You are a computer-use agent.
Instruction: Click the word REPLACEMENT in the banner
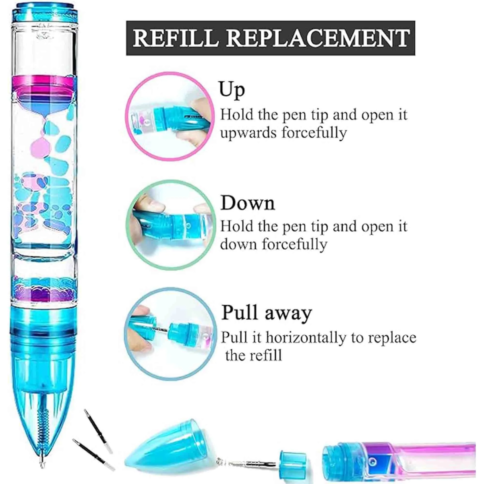click(318, 38)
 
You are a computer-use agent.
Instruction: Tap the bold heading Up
click(232, 90)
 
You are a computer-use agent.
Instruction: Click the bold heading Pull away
click(266, 313)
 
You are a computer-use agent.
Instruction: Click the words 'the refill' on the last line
click(253, 355)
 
